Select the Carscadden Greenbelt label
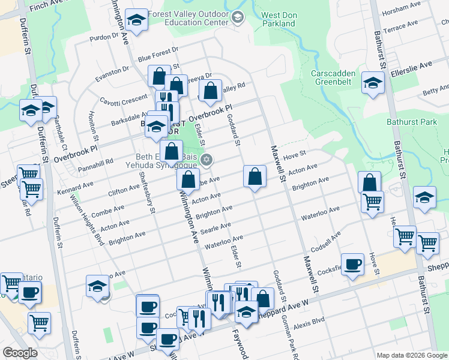pos(333,78)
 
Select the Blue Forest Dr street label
pos(158,55)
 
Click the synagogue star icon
pos(206,159)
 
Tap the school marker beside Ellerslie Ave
pos(373,84)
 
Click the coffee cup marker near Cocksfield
pos(352,264)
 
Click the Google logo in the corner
pos(19,353)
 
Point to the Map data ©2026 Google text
pos(411,355)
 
